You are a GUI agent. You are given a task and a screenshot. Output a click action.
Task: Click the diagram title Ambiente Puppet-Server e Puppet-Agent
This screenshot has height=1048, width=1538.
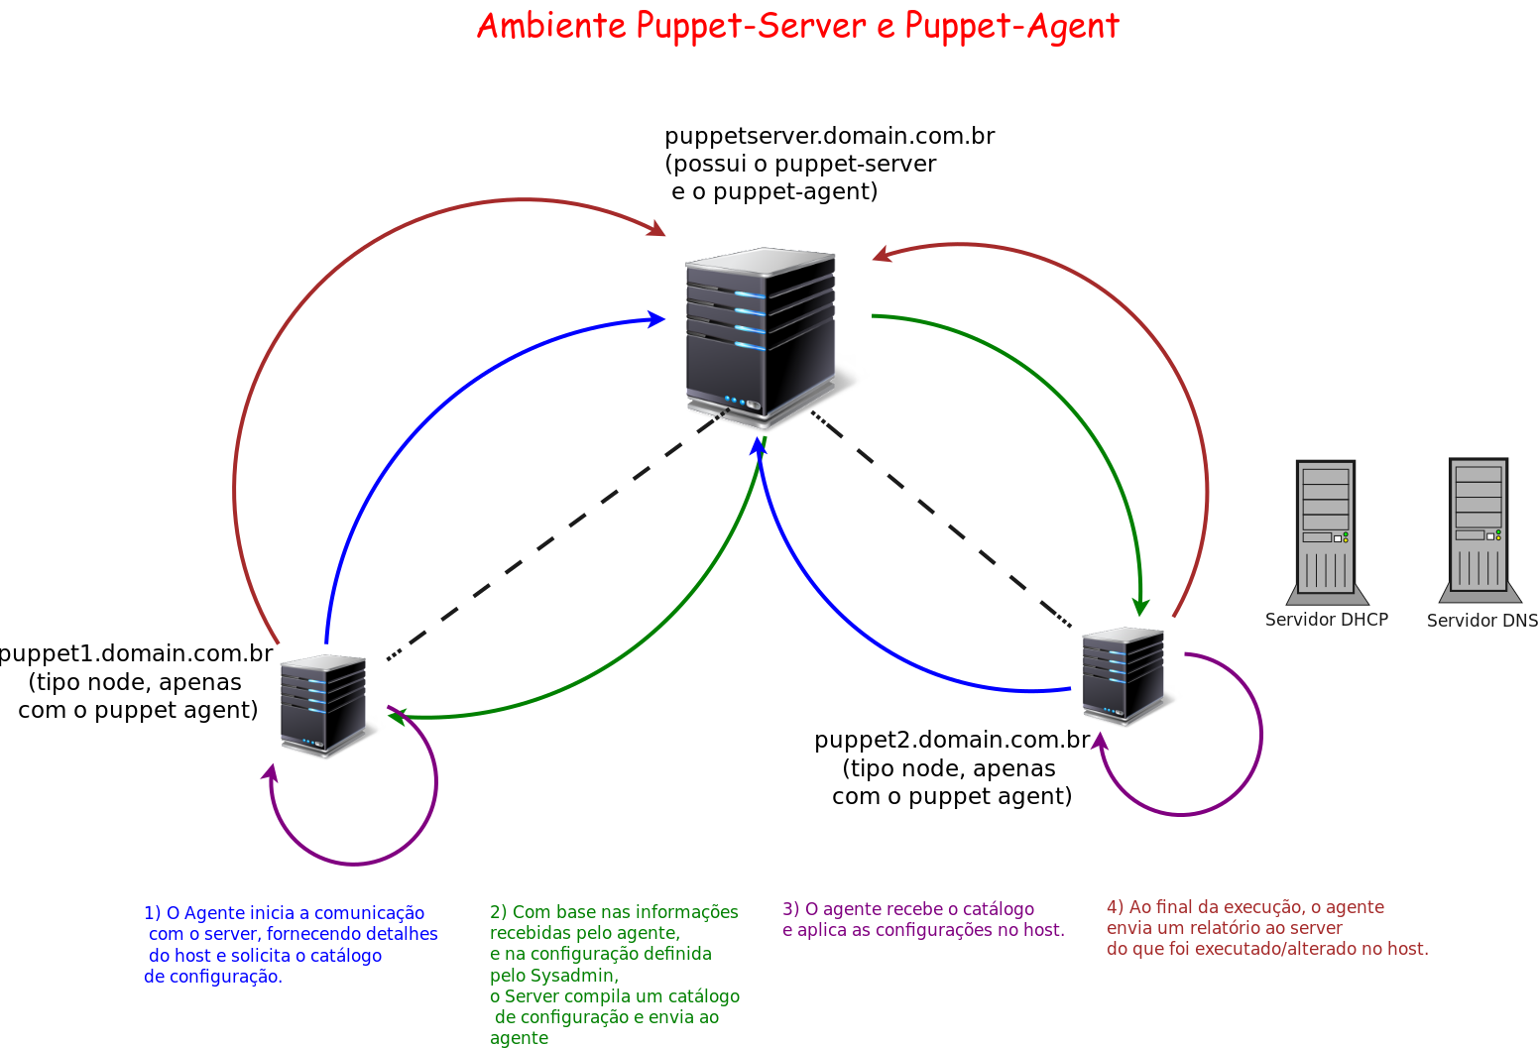[797, 26]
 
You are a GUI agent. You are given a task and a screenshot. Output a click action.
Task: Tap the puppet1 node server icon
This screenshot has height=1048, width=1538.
[322, 705]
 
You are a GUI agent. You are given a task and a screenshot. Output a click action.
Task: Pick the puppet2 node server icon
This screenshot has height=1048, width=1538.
[1123, 674]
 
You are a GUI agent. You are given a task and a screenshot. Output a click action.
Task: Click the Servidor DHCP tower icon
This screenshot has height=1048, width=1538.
[1326, 530]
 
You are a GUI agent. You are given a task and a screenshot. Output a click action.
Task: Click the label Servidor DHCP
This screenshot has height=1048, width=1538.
[1326, 620]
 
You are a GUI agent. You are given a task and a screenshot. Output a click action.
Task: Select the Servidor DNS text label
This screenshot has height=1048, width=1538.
[1481, 621]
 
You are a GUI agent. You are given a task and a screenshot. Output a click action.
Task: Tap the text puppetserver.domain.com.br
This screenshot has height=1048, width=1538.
[829, 136]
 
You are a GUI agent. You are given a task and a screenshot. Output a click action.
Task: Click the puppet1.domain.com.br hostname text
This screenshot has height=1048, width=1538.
[136, 653]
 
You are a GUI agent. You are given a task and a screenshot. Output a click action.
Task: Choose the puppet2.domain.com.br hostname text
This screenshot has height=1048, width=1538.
[951, 740]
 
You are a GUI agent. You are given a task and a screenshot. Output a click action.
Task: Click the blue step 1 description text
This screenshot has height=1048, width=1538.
[290, 945]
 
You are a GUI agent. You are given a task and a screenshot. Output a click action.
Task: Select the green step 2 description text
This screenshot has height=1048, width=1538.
[614, 974]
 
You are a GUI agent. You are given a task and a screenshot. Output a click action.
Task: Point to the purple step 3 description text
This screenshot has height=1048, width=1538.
[922, 919]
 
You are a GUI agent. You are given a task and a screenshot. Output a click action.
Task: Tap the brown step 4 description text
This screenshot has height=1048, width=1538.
[1266, 927]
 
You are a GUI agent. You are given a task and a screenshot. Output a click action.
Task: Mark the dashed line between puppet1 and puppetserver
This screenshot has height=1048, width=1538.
[555, 536]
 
